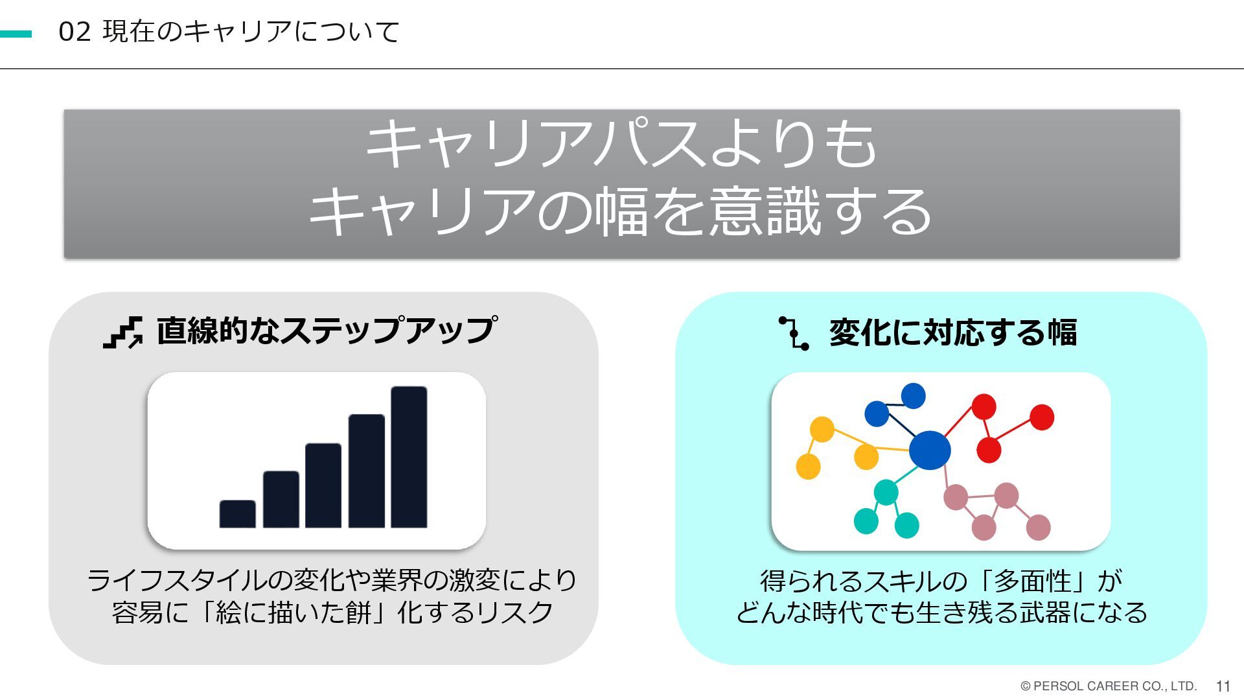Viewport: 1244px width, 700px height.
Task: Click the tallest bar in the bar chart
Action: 409,457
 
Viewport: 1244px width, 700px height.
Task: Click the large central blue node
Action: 930,450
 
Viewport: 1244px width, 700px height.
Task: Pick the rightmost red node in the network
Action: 1042,417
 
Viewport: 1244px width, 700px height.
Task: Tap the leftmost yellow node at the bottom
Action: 808,466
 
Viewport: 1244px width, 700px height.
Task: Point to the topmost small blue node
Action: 913,395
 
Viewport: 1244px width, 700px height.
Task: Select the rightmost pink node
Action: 1038,527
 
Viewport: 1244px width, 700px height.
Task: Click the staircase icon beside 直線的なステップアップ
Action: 123,332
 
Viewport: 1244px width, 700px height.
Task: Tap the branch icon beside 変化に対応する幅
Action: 794,333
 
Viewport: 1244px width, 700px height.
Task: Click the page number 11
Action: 1223,686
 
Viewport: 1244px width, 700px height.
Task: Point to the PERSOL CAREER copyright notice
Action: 1108,686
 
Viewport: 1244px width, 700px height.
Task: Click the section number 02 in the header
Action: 74,32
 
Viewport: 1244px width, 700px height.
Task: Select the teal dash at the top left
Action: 16,34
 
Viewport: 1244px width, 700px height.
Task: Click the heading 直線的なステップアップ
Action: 327,331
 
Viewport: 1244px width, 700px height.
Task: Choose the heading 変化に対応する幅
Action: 952,332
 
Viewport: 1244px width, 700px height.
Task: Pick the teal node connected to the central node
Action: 886,492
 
